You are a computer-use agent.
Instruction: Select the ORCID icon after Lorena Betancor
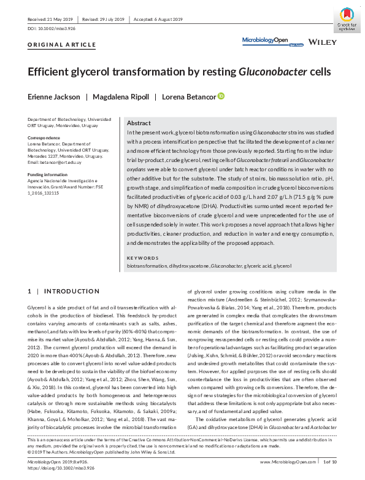click(x=221, y=96)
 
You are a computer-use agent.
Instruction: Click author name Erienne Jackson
click(x=54, y=96)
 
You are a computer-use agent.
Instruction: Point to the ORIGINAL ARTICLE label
click(x=62, y=45)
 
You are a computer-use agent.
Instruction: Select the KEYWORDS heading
click(x=143, y=258)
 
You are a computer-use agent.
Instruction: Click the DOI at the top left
click(x=52, y=29)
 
